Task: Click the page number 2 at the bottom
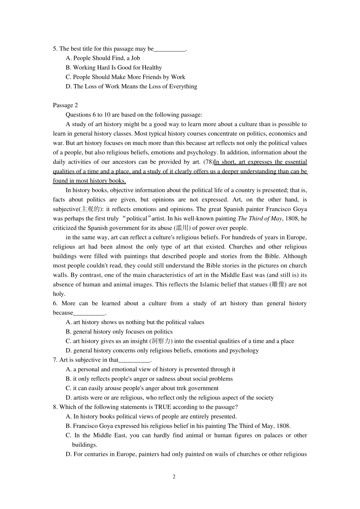coord(174,476)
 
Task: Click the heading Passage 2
coord(65,105)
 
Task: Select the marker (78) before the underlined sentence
coord(208,162)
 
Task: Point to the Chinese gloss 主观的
coord(91,209)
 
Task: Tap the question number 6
coord(55,303)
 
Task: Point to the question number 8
coord(55,407)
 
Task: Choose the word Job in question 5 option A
coord(135,58)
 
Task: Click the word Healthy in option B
coord(152,68)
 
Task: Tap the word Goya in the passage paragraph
coord(300,209)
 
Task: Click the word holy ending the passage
coord(59,294)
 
